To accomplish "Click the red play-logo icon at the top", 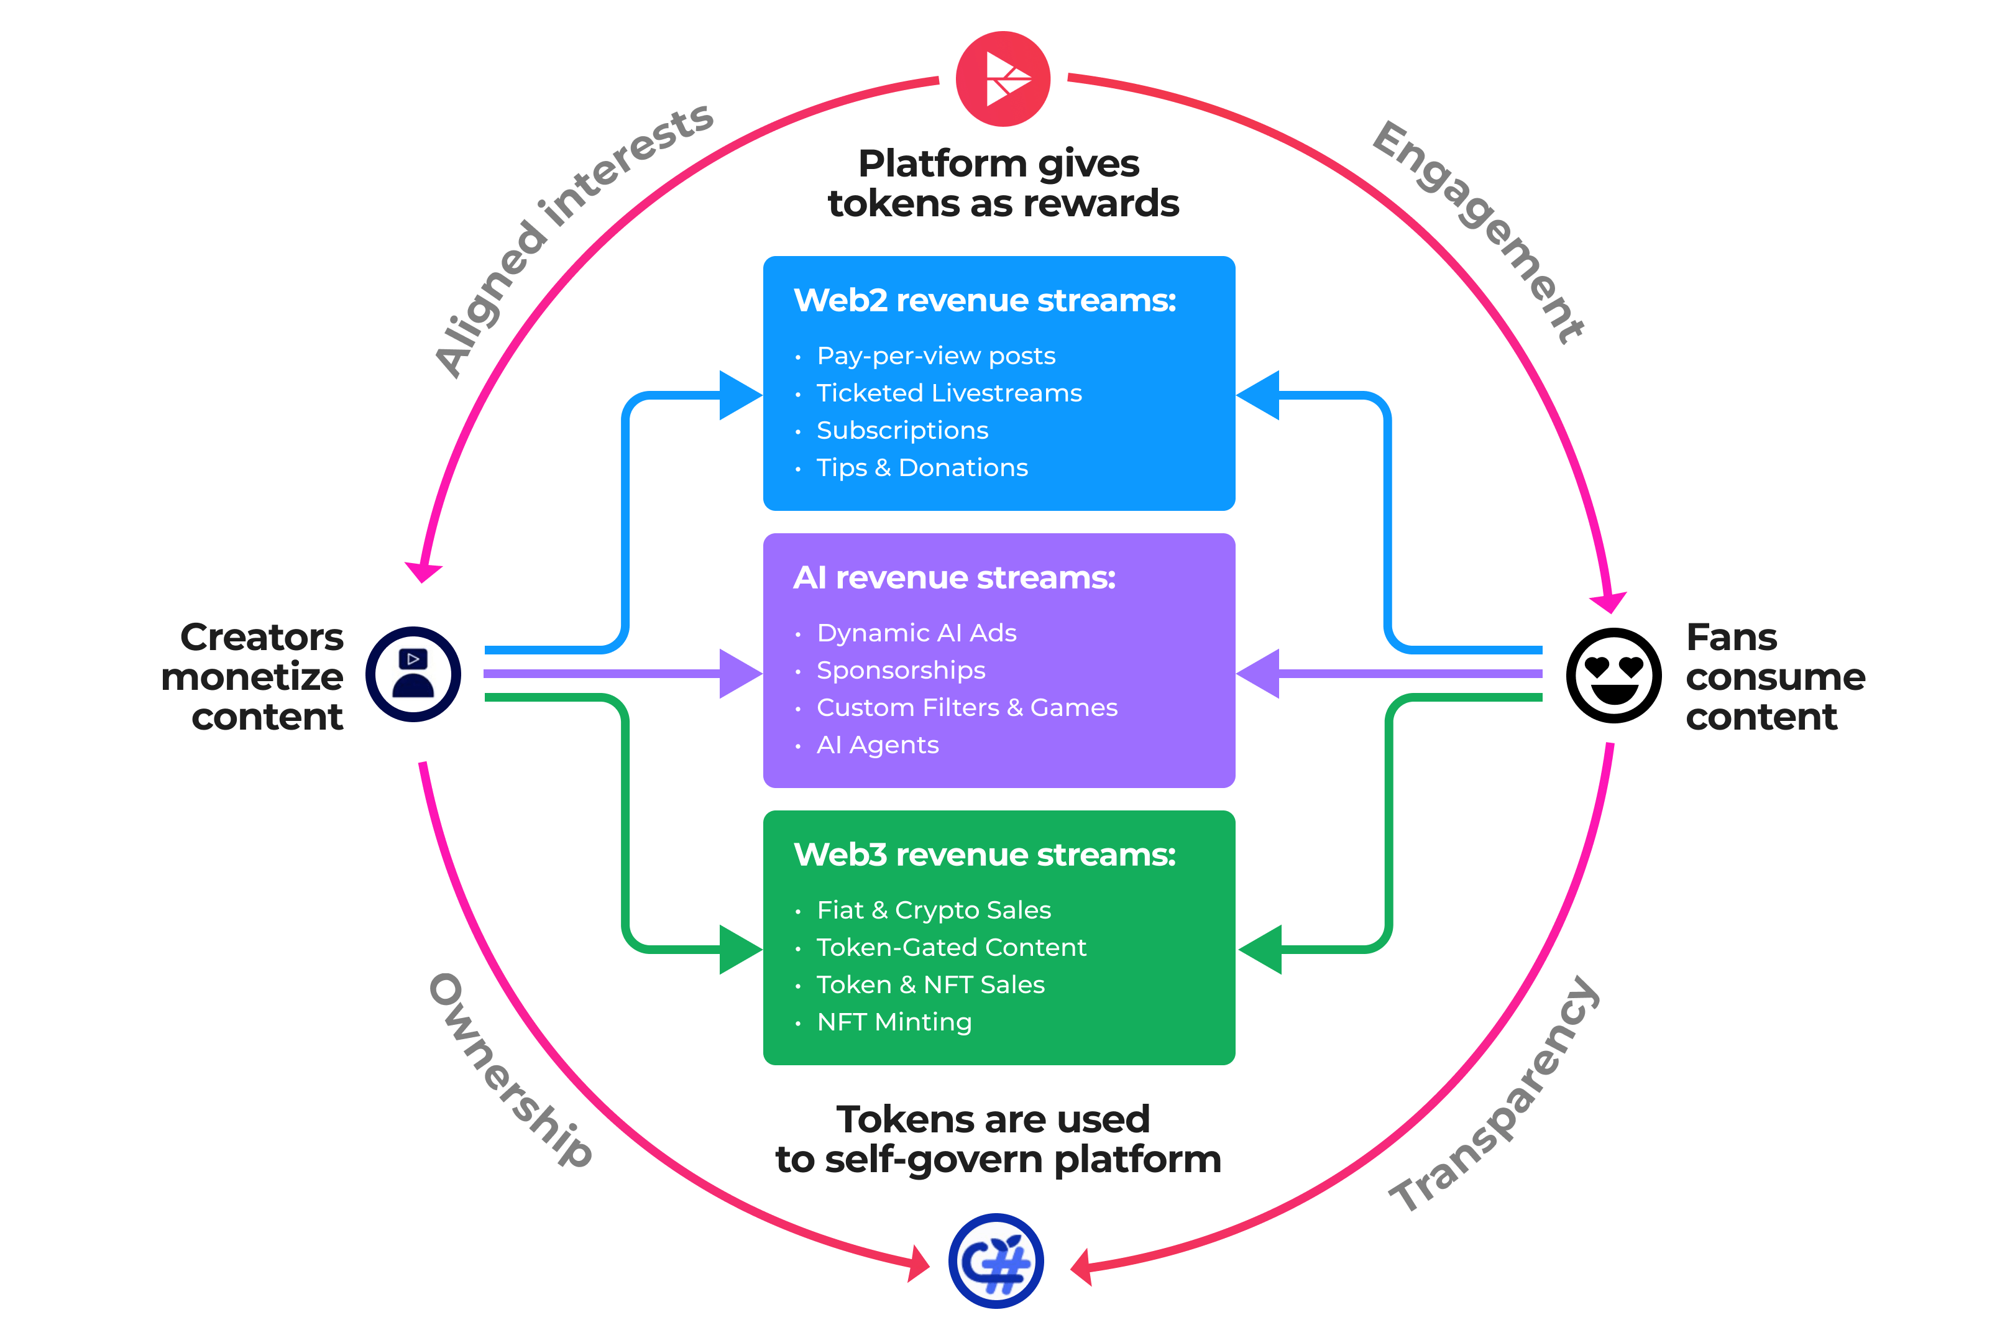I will (x=1003, y=79).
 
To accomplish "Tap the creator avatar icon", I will (x=413, y=674).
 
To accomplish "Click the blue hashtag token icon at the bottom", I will (x=996, y=1260).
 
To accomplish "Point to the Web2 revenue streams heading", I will (x=985, y=300).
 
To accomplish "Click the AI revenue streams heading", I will (x=954, y=577).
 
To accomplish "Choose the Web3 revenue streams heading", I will (x=985, y=855).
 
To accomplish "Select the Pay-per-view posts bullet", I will (x=935, y=355).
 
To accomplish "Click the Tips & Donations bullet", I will (x=922, y=467).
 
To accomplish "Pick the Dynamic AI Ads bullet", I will (x=916, y=633).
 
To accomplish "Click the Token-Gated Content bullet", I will (x=951, y=947).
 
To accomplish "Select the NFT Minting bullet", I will (x=894, y=1022).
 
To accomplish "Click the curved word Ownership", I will (x=510, y=1070).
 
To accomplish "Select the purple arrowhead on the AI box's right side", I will (x=1258, y=674).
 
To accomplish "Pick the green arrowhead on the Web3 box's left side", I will (x=740, y=949).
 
